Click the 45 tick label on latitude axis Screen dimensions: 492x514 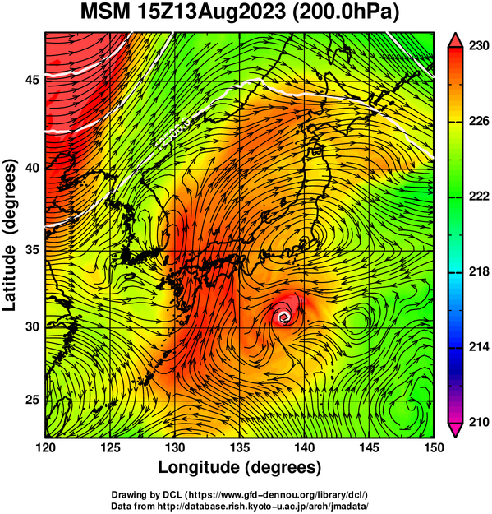coord(32,80)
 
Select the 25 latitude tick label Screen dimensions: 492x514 coord(32,401)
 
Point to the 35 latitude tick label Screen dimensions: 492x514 coord(32,251)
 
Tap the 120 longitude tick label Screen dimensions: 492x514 coord(45,447)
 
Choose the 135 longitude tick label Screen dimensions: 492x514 coord(240,447)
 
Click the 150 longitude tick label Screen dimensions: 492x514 coord(434,447)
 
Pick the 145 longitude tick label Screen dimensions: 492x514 coord(369,447)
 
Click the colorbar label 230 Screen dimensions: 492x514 coord(479,46)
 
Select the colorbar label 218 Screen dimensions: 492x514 coord(479,271)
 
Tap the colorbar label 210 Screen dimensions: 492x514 coord(479,422)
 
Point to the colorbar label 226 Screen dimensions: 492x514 coord(479,121)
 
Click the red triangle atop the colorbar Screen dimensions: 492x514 coord(455,41)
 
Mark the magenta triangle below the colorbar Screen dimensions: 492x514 coord(455,430)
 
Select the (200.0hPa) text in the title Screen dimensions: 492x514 coord(346,13)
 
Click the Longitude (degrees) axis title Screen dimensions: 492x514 coord(240,467)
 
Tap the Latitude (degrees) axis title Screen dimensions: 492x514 coord(10,235)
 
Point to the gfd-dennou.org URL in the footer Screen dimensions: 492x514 coord(278,494)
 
